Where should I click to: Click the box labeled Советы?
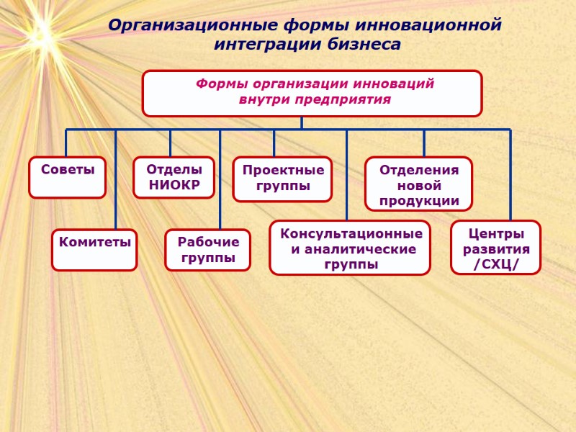pos(67,177)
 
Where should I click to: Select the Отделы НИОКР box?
pos(174,177)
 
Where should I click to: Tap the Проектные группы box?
pos(282,179)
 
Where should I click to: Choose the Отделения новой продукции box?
pos(418,184)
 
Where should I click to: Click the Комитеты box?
pos(94,249)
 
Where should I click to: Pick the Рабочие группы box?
pos(208,249)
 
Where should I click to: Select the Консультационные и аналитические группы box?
pos(350,248)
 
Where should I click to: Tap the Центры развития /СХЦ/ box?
pos(495,247)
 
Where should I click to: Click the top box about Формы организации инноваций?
pos(312,93)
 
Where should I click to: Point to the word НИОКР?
pos(174,186)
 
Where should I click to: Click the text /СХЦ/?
pos(496,265)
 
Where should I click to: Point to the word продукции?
pos(419,200)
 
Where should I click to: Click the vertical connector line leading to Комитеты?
pos(116,180)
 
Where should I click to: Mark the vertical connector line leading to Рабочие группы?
pos(220,180)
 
